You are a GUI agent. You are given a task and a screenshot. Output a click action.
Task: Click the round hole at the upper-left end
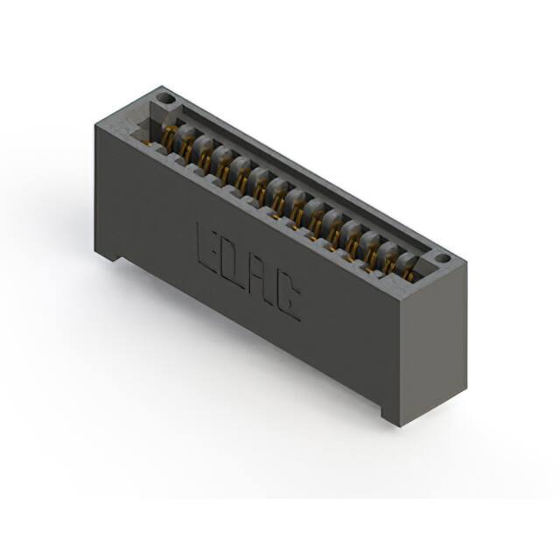[165, 97]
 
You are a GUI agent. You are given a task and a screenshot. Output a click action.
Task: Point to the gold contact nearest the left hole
[170, 137]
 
